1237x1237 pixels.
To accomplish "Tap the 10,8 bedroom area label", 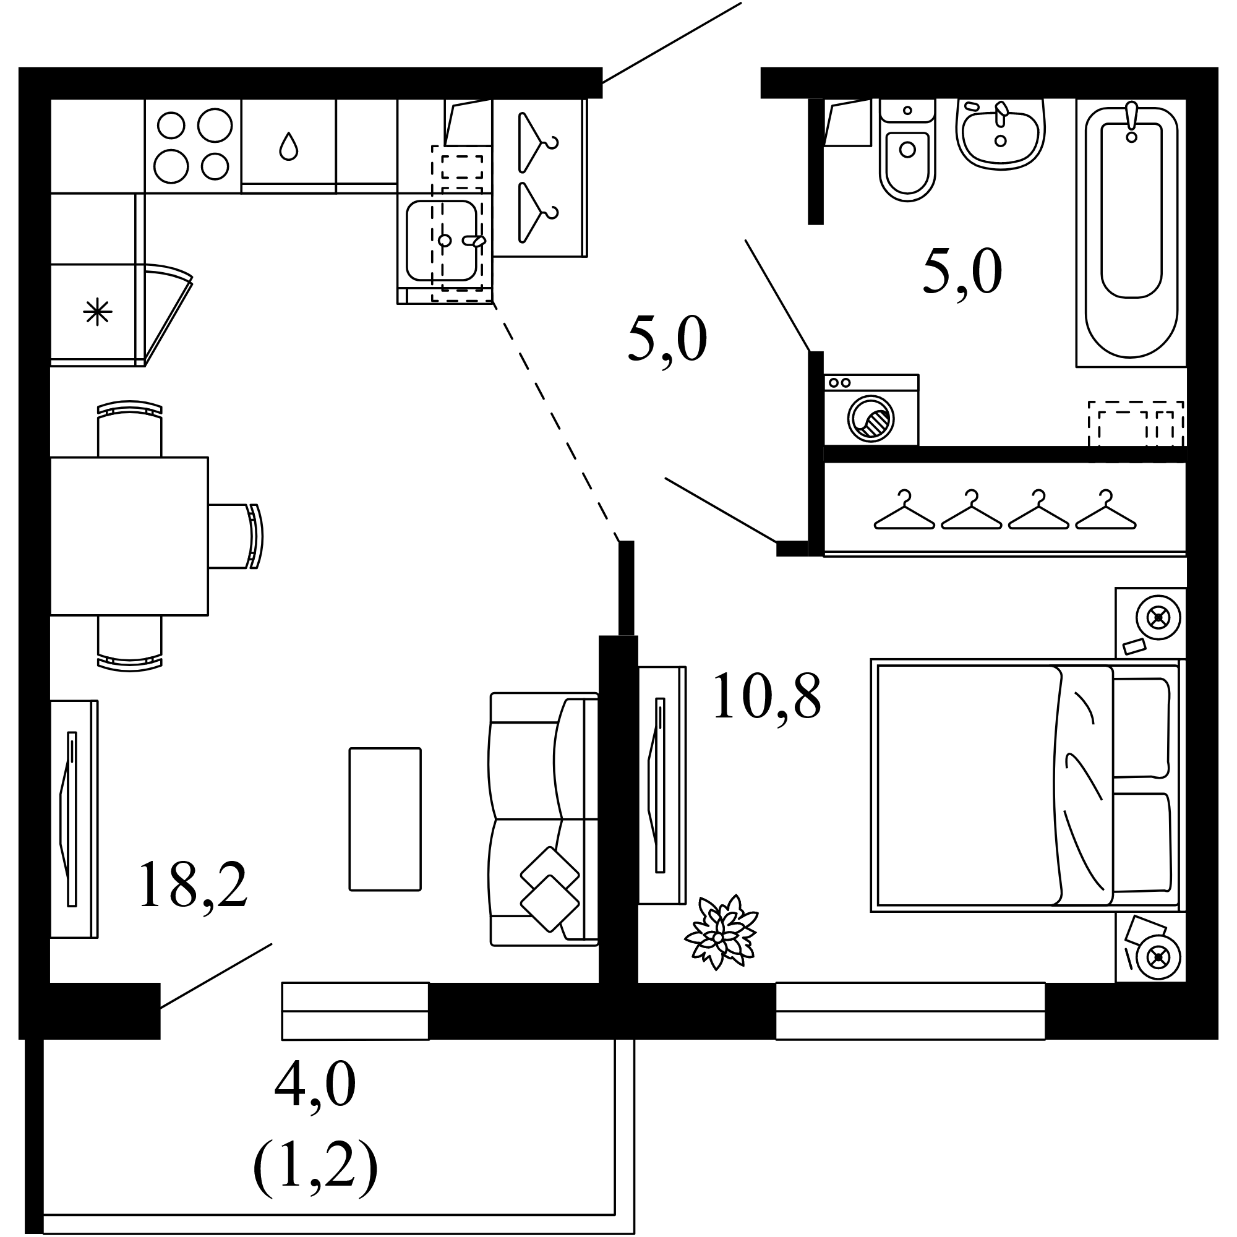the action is (x=766, y=696).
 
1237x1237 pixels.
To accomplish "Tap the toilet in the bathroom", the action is (x=907, y=150).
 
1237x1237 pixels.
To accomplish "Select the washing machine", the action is (x=871, y=410).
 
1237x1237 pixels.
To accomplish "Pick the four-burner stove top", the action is (x=193, y=146).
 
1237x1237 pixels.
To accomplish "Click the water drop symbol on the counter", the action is (x=289, y=146).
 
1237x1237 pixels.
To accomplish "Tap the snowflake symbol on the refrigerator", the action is (x=97, y=312).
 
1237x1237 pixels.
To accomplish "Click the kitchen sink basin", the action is (x=442, y=241).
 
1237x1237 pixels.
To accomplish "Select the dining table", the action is (x=129, y=536).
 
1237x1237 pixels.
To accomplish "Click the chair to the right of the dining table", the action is (x=236, y=536).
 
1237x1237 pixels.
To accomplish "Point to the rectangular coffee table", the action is (x=385, y=819).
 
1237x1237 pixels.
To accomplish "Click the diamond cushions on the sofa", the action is (x=550, y=889).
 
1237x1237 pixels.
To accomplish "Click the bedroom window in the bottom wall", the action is (x=910, y=1011).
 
